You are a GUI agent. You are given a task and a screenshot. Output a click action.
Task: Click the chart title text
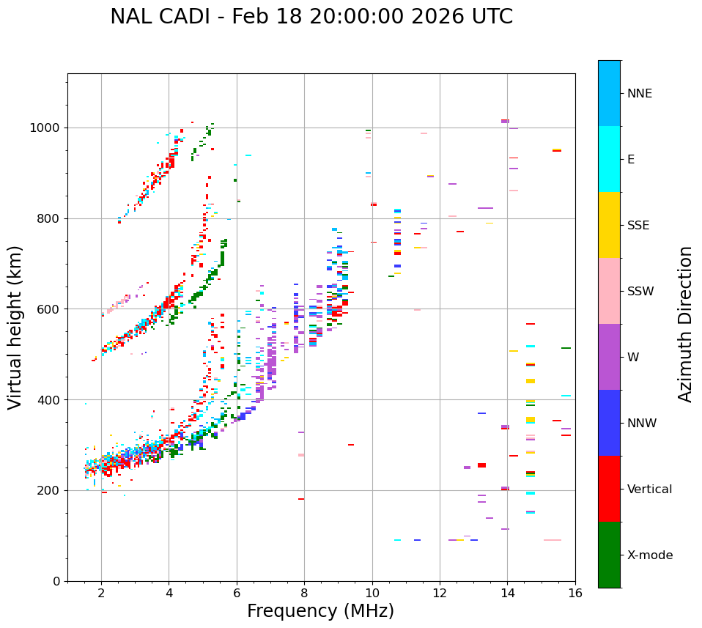pos(311,17)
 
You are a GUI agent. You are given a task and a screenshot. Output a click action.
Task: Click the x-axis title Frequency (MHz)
pos(320,611)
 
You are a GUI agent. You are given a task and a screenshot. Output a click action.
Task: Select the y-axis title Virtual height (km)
pos(15,327)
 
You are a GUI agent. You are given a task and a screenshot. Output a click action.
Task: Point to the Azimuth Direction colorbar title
pos(685,324)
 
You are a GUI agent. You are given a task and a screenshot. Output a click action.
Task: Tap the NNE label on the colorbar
pos(639,94)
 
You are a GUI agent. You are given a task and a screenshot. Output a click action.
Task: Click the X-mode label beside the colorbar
pos(649,555)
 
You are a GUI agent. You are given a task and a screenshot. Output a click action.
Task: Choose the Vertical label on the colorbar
pos(649,490)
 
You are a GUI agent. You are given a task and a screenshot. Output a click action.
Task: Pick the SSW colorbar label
pos(640,292)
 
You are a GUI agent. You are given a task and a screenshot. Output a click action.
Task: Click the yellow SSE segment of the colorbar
pos(609,225)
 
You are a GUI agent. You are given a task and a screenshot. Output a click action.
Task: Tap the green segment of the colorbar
pos(609,555)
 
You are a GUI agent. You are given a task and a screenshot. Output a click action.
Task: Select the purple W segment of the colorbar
pos(609,357)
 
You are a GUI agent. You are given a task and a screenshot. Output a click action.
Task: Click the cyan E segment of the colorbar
pos(609,159)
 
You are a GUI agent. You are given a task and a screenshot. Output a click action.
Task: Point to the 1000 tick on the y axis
pos(47,128)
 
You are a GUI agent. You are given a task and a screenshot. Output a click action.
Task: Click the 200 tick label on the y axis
pos(51,490)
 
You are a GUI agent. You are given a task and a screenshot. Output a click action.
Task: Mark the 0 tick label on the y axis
pos(57,581)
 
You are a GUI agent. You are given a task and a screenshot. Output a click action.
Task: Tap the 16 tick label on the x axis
pos(574,594)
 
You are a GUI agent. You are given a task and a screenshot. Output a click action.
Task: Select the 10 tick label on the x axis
pos(372,594)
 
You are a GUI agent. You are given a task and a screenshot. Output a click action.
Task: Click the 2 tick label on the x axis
pos(101,594)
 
